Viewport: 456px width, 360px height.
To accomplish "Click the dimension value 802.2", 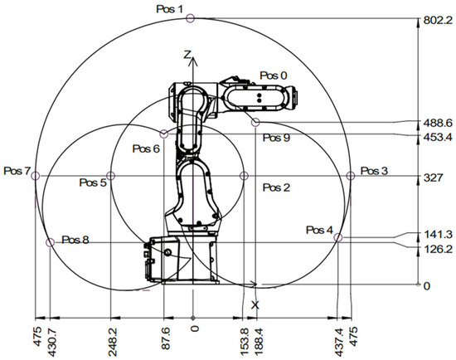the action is pos(438,21).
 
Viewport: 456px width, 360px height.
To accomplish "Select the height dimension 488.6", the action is pos(438,123).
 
